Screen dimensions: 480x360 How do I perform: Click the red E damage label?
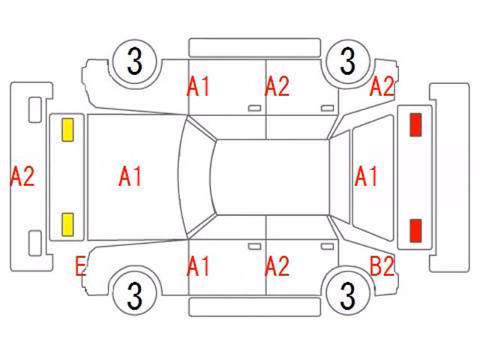(x=80, y=267)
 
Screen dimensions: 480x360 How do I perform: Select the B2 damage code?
(x=382, y=267)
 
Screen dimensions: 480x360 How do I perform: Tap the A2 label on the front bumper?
(x=22, y=177)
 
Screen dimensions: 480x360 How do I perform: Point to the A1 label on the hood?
(x=130, y=177)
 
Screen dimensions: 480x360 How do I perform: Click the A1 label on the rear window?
(x=365, y=177)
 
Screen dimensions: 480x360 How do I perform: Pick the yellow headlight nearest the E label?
(x=67, y=225)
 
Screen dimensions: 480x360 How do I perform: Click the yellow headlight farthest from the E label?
(x=67, y=130)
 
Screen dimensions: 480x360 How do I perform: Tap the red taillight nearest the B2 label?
(x=415, y=230)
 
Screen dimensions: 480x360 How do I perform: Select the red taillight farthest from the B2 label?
(x=415, y=124)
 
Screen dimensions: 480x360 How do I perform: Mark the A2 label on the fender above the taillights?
(x=382, y=87)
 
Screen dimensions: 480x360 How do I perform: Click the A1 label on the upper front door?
(x=198, y=87)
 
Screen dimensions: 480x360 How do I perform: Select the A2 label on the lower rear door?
(x=277, y=267)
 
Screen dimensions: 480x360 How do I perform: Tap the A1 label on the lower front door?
(x=198, y=267)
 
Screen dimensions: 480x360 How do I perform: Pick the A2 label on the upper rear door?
(x=277, y=87)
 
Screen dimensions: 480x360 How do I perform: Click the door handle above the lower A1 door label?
(x=254, y=247)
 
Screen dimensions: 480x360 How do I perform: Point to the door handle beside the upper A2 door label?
(x=327, y=108)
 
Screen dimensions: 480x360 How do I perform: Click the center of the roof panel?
(x=271, y=177)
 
